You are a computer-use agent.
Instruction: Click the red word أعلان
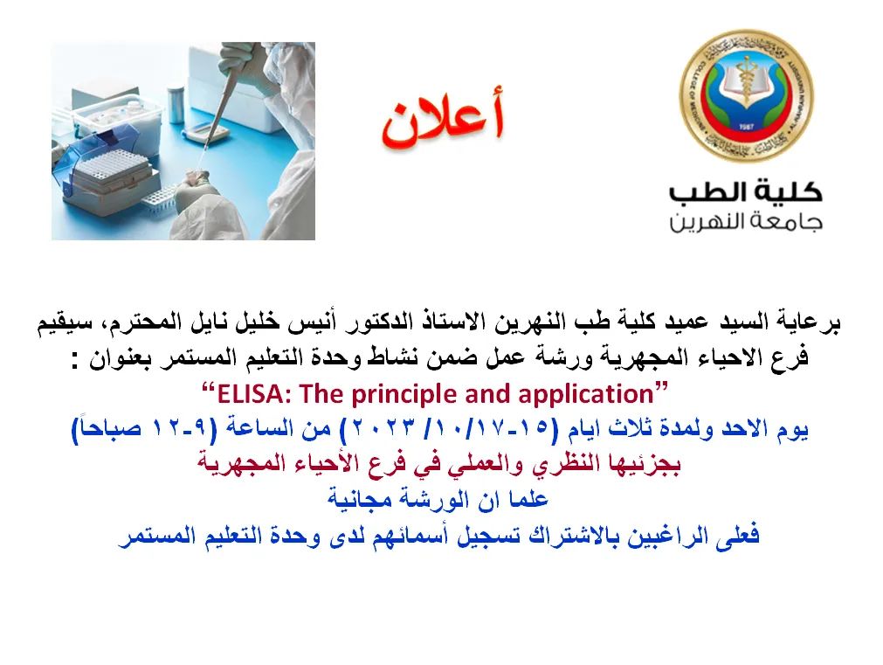(443, 119)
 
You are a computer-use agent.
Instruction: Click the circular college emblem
(746, 96)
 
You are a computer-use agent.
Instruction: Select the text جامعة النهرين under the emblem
(746, 221)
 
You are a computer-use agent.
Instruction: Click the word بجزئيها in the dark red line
(647, 464)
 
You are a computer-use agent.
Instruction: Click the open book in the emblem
(746, 79)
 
